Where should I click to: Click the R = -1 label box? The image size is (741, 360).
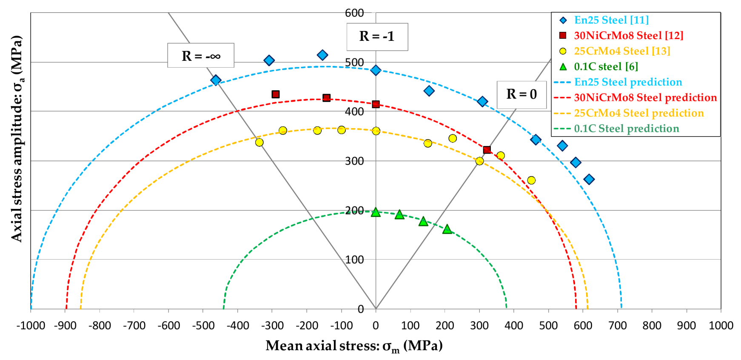pyautogui.click(x=377, y=37)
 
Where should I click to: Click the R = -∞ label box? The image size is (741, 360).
pyautogui.click(x=200, y=55)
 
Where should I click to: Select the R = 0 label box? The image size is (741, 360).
pyautogui.click(x=522, y=94)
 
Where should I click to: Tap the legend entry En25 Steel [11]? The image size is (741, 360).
pyautogui.click(x=611, y=20)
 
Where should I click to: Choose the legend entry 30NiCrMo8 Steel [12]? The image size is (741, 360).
pyautogui.click(x=628, y=35)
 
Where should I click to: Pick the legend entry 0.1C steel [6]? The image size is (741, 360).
pyautogui.click(x=606, y=66)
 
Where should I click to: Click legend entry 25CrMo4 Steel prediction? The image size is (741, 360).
pyautogui.click(x=638, y=113)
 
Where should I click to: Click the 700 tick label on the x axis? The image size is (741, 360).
pyautogui.click(x=617, y=326)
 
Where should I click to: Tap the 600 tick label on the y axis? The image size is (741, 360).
pyautogui.click(x=354, y=13)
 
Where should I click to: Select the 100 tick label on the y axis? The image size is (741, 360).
pyautogui.click(x=354, y=260)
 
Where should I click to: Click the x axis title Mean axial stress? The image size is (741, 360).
pyautogui.click(x=354, y=346)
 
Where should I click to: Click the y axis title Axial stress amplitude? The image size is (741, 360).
pyautogui.click(x=17, y=138)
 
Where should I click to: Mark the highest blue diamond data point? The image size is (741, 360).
pyautogui.click(x=322, y=55)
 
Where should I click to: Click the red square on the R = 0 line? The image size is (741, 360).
pyautogui.click(x=487, y=150)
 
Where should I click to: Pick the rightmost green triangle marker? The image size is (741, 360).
pyautogui.click(x=447, y=230)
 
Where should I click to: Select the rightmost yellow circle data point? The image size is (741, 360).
pyautogui.click(x=531, y=180)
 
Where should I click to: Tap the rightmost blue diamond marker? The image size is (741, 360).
pyautogui.click(x=589, y=179)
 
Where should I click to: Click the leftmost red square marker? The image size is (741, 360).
pyautogui.click(x=276, y=94)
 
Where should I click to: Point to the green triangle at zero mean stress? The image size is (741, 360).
pyautogui.click(x=376, y=212)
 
